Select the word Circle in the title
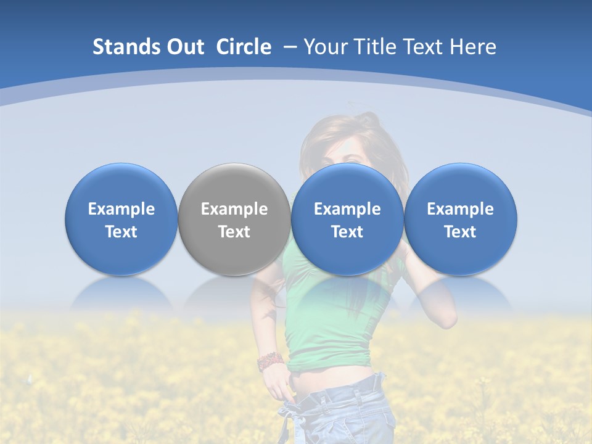[244, 47]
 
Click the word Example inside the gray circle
[234, 209]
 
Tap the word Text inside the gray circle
[234, 232]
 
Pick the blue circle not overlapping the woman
[121, 219]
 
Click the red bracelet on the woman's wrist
[270, 361]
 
